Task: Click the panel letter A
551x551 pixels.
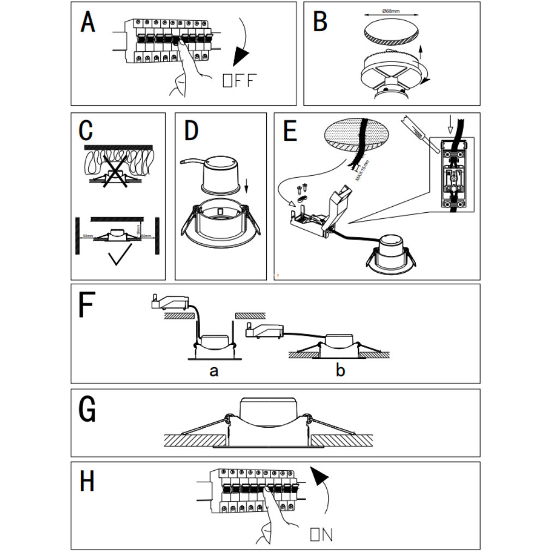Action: (x=88, y=23)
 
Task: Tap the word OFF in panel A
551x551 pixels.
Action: (x=239, y=81)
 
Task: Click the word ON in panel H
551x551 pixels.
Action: (x=321, y=534)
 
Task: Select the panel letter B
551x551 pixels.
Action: (x=320, y=23)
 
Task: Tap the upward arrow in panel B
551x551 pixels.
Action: (x=420, y=55)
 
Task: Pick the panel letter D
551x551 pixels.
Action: (x=191, y=131)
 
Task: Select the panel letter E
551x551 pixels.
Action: (x=290, y=131)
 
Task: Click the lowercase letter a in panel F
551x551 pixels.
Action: (x=214, y=372)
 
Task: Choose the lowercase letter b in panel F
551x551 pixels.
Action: (x=340, y=371)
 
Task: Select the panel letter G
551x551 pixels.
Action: (x=87, y=410)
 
